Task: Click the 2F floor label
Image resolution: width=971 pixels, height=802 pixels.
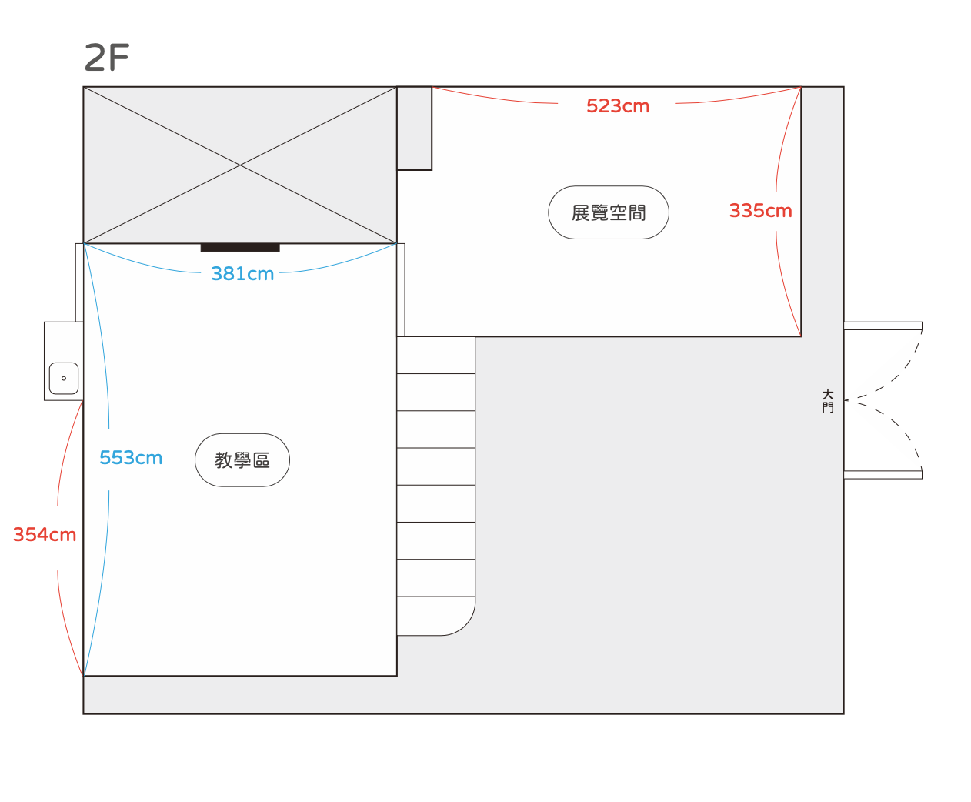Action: point(106,57)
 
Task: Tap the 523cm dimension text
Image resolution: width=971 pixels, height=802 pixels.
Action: point(618,106)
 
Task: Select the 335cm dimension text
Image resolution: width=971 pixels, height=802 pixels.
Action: point(760,211)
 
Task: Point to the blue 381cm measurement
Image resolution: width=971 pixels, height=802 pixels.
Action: point(242,273)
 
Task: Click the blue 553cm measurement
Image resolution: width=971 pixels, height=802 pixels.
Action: point(131,458)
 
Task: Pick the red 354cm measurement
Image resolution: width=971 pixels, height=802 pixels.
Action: point(44,534)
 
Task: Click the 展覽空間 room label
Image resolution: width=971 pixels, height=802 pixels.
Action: point(609,212)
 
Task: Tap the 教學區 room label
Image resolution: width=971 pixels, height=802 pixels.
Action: point(242,460)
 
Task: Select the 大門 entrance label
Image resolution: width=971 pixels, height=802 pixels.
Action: point(827,401)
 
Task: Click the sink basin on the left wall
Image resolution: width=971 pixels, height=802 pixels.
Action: point(64,378)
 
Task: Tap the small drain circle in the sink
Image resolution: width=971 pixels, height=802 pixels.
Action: point(64,378)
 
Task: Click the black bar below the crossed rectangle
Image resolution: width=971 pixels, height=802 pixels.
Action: point(240,248)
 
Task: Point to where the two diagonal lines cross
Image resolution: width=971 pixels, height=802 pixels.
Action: point(240,165)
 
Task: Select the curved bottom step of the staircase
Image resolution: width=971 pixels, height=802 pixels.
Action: point(435,616)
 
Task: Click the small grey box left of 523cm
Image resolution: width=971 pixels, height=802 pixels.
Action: point(415,129)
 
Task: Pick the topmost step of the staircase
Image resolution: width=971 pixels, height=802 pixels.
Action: point(435,355)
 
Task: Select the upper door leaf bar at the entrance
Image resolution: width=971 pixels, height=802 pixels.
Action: point(883,326)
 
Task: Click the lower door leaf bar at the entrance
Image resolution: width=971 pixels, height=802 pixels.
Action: point(883,474)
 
